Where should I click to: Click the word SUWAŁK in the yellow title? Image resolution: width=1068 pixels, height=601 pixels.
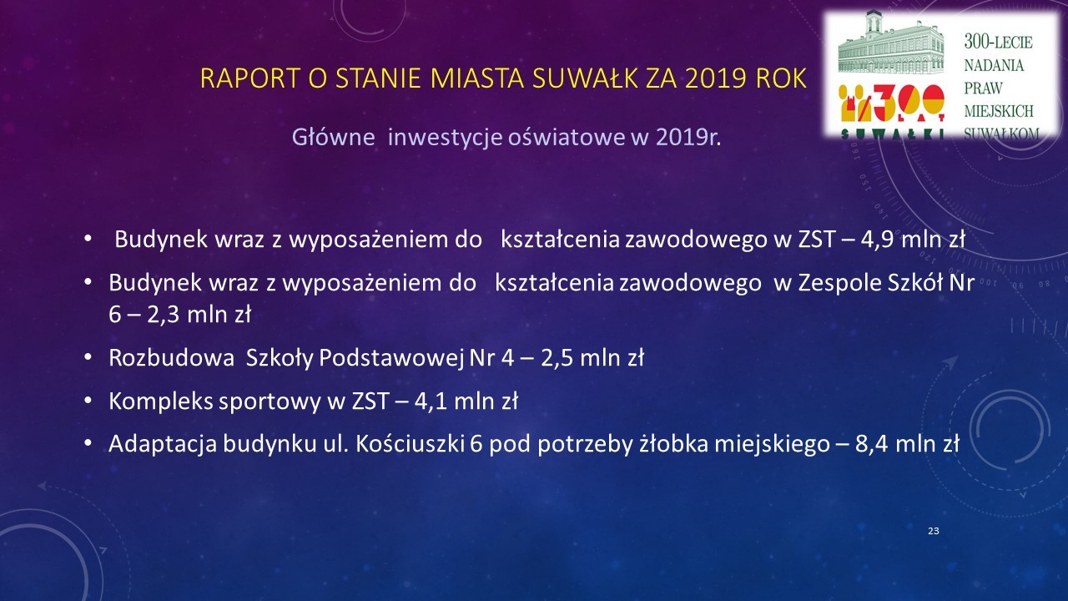[x=585, y=78]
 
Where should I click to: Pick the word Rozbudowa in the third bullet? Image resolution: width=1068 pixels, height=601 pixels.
[x=172, y=358]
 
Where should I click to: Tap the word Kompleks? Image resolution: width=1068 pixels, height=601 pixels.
[x=161, y=402]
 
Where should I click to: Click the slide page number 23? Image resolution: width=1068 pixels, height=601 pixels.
[x=934, y=531]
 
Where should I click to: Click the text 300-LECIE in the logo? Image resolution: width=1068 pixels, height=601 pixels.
[x=999, y=42]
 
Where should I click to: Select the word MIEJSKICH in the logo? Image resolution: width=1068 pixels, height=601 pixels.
[x=999, y=111]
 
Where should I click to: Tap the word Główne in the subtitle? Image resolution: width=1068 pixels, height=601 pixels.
[x=333, y=138]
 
